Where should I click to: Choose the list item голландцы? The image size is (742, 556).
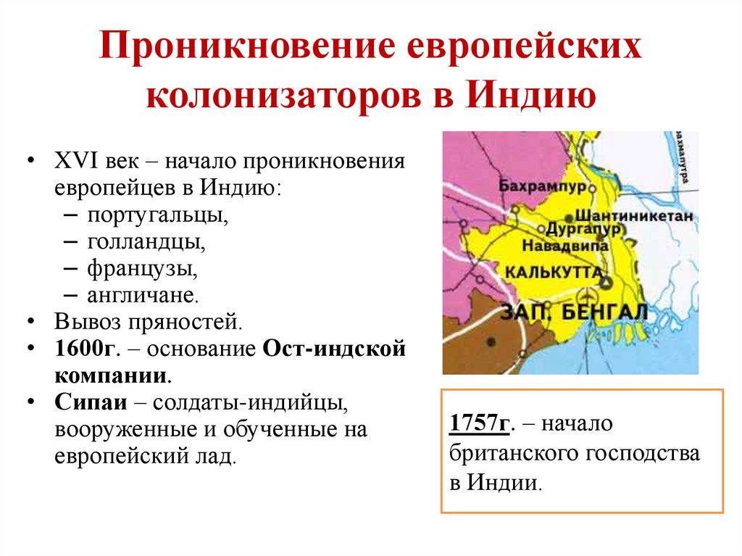coord(146,242)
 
